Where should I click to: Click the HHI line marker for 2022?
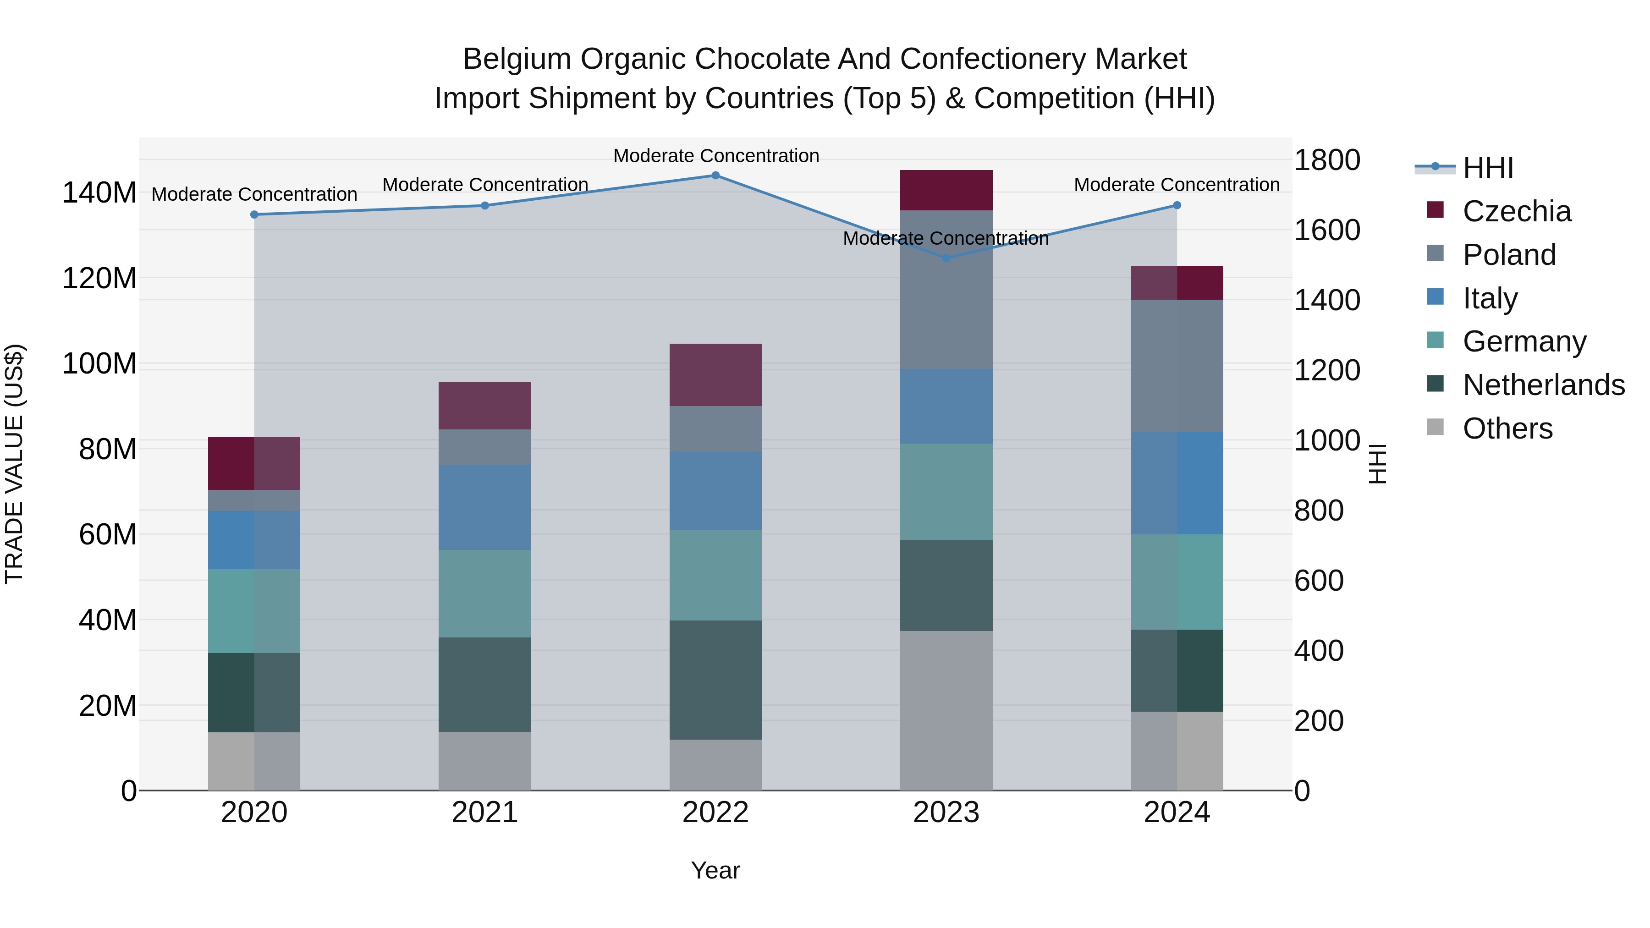pyautogui.click(x=715, y=176)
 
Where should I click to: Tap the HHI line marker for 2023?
pyautogui.click(x=946, y=258)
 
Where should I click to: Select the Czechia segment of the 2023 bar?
pyautogui.click(x=946, y=190)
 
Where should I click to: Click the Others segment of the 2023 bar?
pyautogui.click(x=946, y=710)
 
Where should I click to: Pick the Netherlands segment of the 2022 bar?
pyautogui.click(x=715, y=680)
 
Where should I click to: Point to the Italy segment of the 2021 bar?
pyautogui.click(x=485, y=507)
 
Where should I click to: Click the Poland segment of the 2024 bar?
pyautogui.click(x=1177, y=366)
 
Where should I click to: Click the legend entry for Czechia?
pyautogui.click(x=1516, y=211)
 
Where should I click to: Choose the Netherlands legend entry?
pyautogui.click(x=1543, y=385)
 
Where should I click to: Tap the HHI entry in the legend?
pyautogui.click(x=1487, y=168)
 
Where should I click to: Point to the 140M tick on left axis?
pyautogui.click(x=99, y=193)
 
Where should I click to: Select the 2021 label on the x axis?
pyautogui.click(x=485, y=813)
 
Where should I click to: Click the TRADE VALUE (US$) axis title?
pyautogui.click(x=14, y=464)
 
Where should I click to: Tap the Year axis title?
pyautogui.click(x=715, y=870)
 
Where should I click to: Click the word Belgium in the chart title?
pyautogui.click(x=516, y=59)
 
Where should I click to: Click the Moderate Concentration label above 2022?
pyautogui.click(x=716, y=156)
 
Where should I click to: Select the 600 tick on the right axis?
pyautogui.click(x=1319, y=581)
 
